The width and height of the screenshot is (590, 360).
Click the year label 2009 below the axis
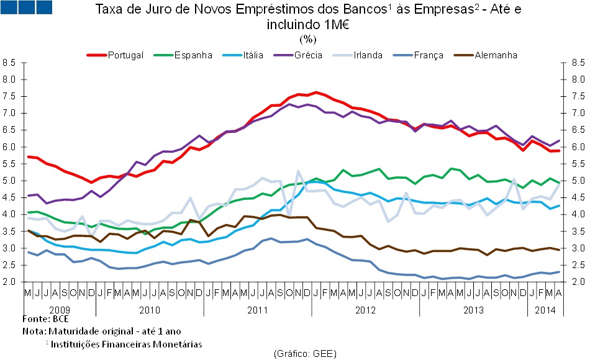tap(60, 308)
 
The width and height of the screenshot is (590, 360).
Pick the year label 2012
tap(366, 308)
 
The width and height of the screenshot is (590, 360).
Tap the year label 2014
tap(545, 308)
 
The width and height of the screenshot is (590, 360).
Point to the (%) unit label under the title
tap(309, 39)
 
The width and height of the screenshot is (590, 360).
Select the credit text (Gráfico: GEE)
tap(305, 353)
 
